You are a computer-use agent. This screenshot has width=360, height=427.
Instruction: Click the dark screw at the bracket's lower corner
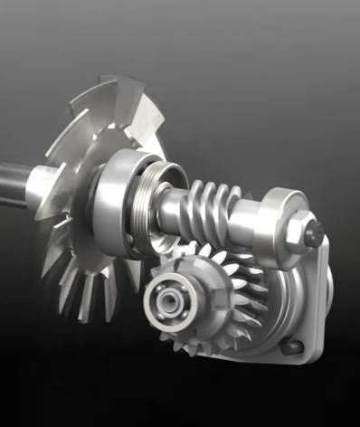289,346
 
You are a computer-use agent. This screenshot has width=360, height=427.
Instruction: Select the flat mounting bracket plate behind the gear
303,289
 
